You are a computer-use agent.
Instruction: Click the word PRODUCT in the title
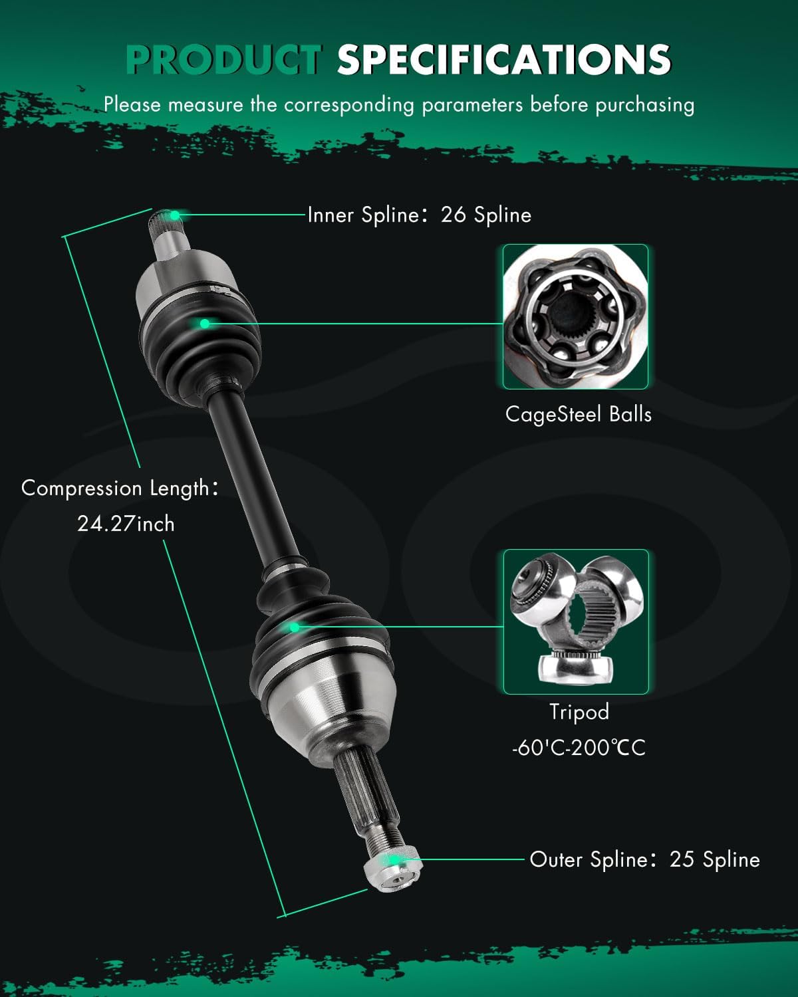pyautogui.click(x=223, y=60)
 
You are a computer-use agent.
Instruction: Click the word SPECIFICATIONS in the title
pyautogui.click(x=503, y=60)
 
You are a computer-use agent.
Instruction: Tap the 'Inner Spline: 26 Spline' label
pyautogui.click(x=419, y=215)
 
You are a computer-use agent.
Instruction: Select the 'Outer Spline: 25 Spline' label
pyautogui.click(x=644, y=859)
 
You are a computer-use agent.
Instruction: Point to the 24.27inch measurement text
pyautogui.click(x=126, y=524)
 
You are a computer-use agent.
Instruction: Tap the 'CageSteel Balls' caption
pyautogui.click(x=578, y=414)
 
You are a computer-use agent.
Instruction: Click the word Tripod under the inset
pyautogui.click(x=579, y=712)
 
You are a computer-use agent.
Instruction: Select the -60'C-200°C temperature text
pyautogui.click(x=579, y=748)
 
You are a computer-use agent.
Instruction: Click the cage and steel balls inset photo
pyautogui.click(x=575, y=316)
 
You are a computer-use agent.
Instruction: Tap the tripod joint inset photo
pyautogui.click(x=575, y=621)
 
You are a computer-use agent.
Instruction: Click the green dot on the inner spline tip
pyautogui.click(x=175, y=215)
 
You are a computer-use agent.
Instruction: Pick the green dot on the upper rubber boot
pyautogui.click(x=205, y=324)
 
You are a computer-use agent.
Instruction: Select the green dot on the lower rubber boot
pyautogui.click(x=294, y=626)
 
